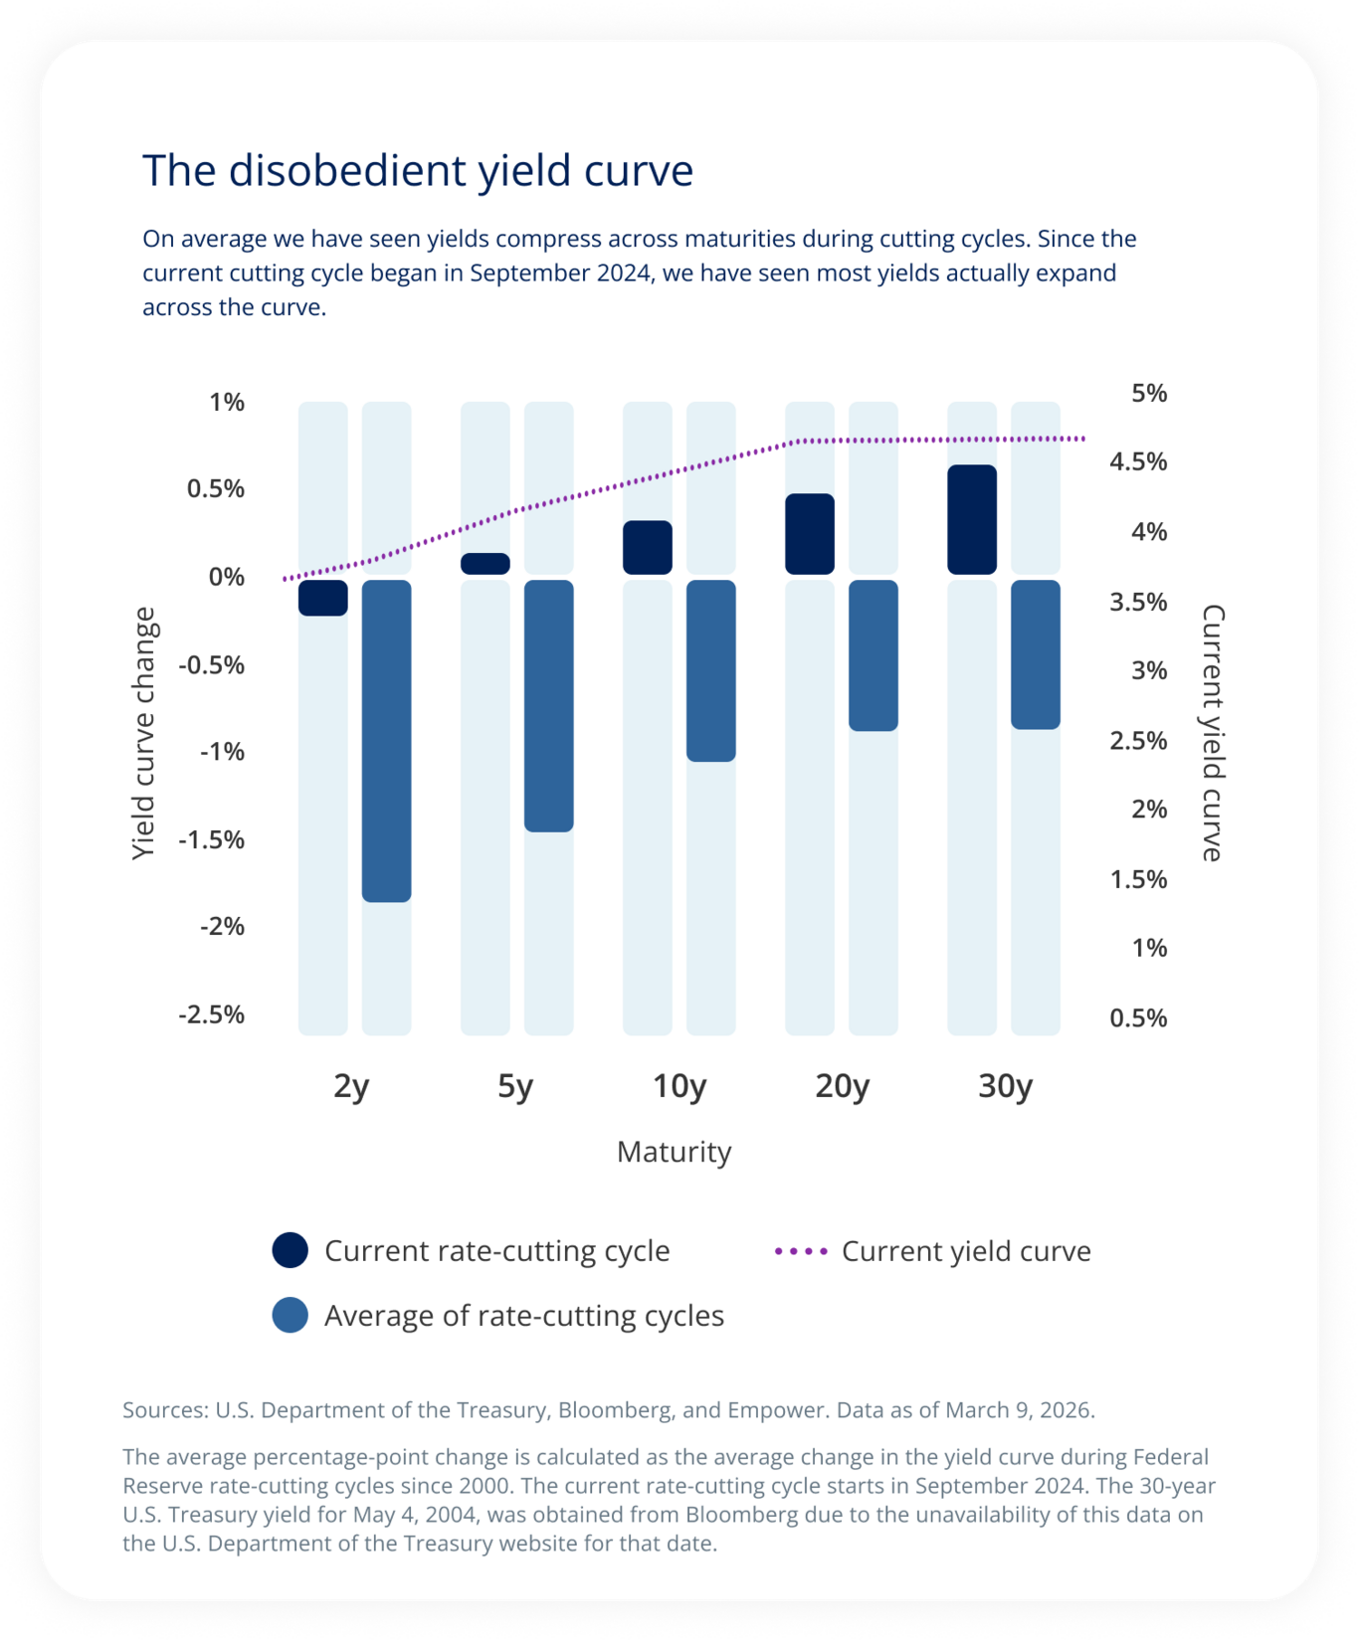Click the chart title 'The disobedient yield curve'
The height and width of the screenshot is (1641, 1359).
pyautogui.click(x=418, y=171)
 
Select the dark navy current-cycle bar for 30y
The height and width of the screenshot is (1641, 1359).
pyautogui.click(x=971, y=519)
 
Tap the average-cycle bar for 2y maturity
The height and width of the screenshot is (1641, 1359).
pyautogui.click(x=386, y=741)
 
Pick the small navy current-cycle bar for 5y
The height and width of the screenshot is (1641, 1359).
pyautogui.click(x=485, y=564)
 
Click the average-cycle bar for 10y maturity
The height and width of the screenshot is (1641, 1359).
pyautogui.click(x=710, y=670)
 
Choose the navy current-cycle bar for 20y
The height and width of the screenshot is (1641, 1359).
pyautogui.click(x=809, y=534)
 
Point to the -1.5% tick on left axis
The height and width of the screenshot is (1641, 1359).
pyautogui.click(x=211, y=839)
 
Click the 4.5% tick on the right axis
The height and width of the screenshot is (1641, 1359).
pyautogui.click(x=1138, y=461)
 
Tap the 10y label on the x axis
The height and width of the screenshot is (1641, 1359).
pyautogui.click(x=679, y=1086)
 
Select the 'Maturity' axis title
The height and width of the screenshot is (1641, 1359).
pyautogui.click(x=674, y=1152)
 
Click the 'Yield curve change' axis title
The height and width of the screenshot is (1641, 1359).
pyautogui.click(x=144, y=733)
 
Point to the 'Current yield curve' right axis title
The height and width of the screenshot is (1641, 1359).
pyautogui.click(x=1213, y=733)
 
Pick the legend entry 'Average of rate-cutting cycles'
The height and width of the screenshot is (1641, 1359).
pyautogui.click(x=523, y=1316)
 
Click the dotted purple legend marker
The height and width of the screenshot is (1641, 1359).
pyautogui.click(x=801, y=1251)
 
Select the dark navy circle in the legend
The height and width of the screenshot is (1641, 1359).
pyautogui.click(x=290, y=1251)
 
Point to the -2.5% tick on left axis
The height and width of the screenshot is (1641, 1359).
pyautogui.click(x=211, y=1014)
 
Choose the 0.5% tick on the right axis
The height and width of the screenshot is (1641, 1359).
pyautogui.click(x=1138, y=1017)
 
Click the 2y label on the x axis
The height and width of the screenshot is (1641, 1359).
pyautogui.click(x=351, y=1086)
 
